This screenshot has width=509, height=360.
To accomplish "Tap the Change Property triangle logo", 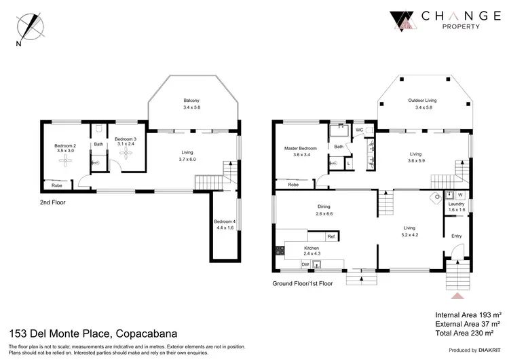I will (402, 22).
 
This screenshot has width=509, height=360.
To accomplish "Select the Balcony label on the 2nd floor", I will (191, 104).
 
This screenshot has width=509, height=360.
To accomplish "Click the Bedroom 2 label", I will (64, 145).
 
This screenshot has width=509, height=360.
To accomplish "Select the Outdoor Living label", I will (422, 101).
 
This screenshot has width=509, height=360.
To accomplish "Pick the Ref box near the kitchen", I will (331, 236).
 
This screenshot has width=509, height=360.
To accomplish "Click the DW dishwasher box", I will (305, 264).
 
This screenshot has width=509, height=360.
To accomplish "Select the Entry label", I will (457, 236).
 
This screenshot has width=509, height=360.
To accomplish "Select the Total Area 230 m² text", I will (468, 334).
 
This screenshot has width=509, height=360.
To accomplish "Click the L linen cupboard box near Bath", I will (348, 162).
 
